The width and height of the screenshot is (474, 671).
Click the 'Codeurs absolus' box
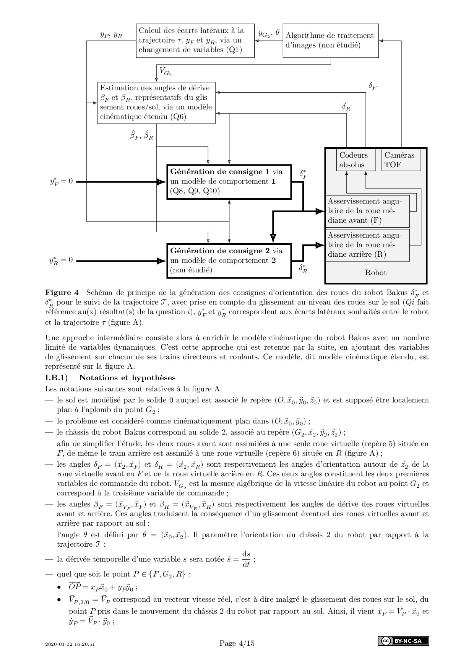tap(354, 160)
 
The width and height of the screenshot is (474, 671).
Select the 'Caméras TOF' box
tap(401, 160)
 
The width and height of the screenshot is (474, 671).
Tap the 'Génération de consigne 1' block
tap(229, 182)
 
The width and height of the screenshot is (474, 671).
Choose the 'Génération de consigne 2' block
tap(229, 261)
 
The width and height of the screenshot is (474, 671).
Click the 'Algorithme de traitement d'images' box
tap(330, 41)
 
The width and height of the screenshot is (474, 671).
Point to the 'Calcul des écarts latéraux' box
tap(195, 41)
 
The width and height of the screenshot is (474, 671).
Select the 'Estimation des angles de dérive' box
tap(156, 103)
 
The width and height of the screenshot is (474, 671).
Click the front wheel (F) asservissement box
tap(367, 211)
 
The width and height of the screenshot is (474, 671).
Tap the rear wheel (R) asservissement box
tap(367, 245)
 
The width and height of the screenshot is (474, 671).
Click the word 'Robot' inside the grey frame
tap(375, 273)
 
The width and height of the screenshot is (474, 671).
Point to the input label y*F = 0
tap(61, 181)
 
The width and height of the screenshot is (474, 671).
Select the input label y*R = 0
tap(61, 261)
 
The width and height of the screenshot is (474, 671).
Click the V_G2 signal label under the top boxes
tap(165, 72)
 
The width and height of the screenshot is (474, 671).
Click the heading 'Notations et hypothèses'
tap(127, 378)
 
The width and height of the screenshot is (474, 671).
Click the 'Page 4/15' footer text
tap(237, 643)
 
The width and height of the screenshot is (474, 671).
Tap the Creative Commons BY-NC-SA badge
tap(403, 641)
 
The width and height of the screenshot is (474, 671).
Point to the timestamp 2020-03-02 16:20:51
tap(70, 644)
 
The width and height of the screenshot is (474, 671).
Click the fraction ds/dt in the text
tap(246, 559)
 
